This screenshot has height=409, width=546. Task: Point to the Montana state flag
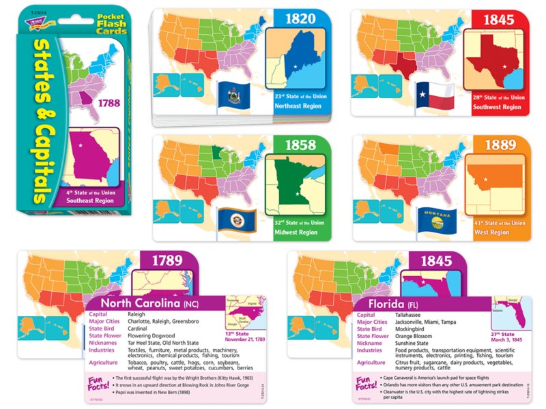coord(432,219)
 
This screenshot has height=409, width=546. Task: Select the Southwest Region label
coord(498,107)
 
